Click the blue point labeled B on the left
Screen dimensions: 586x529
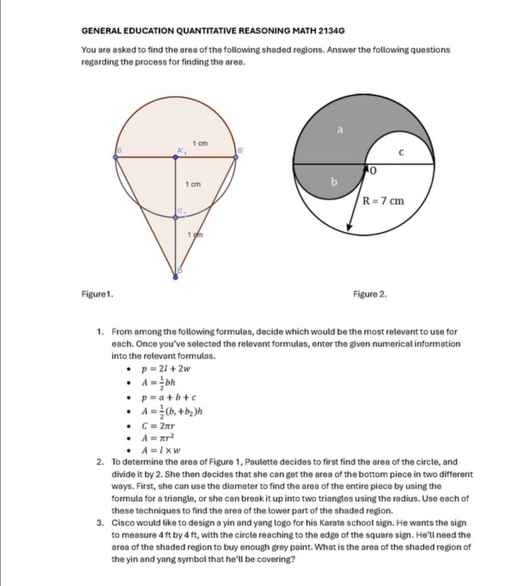[115, 157]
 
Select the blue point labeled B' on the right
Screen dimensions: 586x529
[236, 157]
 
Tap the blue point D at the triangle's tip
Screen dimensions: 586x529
[175, 277]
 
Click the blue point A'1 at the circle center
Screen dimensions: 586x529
[175, 157]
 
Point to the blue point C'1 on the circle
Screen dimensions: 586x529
[175, 217]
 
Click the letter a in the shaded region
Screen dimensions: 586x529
[340, 129]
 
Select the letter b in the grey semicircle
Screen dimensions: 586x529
[333, 182]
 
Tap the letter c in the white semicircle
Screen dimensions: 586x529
[401, 152]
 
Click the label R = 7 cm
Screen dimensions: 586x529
[383, 201]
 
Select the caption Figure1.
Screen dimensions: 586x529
[97, 294]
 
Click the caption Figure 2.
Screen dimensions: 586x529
[370, 294]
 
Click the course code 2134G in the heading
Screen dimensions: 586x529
[331, 31]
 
